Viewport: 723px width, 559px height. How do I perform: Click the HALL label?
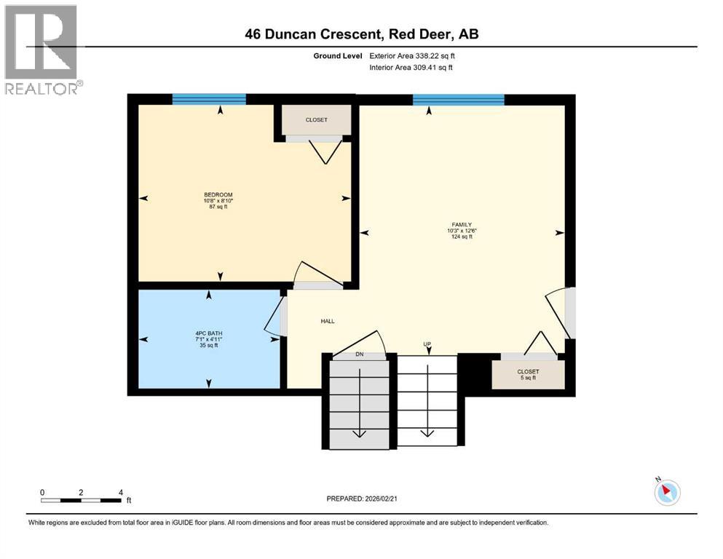pyautogui.click(x=328, y=321)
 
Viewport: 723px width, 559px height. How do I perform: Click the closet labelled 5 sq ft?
pyautogui.click(x=528, y=374)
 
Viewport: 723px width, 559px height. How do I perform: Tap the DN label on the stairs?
pyautogui.click(x=359, y=354)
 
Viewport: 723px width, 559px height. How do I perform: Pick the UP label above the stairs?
pyautogui.click(x=427, y=344)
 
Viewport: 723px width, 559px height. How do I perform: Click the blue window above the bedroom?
pyautogui.click(x=209, y=100)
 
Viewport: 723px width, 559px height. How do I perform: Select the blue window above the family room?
pyautogui.click(x=459, y=100)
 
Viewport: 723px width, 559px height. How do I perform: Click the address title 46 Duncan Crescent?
pyautogui.click(x=361, y=34)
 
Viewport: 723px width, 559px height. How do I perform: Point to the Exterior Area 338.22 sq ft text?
pyautogui.click(x=413, y=55)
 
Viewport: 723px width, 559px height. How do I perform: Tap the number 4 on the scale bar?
pyautogui.click(x=121, y=492)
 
